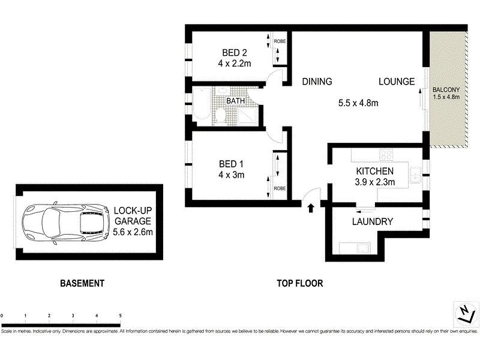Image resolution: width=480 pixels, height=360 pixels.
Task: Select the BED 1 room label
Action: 231,169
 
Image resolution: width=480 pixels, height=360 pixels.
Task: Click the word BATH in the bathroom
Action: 235,101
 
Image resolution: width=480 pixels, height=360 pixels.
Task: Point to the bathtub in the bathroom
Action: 202,106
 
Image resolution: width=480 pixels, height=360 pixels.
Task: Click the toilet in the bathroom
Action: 220,115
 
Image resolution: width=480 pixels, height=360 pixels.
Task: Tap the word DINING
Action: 317,82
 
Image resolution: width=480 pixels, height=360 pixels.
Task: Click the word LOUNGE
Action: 397,82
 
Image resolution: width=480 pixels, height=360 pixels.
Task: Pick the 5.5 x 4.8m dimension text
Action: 358,103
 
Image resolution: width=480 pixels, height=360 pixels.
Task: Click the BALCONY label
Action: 446,91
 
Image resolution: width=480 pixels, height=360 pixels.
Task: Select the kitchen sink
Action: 415,175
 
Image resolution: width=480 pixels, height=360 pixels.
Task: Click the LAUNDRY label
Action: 373,222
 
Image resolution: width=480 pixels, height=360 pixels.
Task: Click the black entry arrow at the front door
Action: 311,208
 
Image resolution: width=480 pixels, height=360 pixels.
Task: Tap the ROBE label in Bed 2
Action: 280,42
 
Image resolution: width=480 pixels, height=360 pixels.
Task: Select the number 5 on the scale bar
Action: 121,315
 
